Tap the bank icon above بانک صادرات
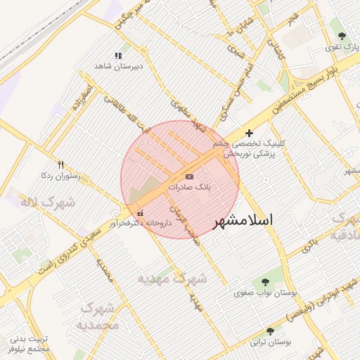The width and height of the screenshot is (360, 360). [189, 176]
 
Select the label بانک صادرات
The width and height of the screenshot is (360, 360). [189, 188]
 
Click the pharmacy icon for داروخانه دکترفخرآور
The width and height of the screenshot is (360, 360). [141, 213]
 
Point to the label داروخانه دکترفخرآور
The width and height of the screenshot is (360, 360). [140, 223]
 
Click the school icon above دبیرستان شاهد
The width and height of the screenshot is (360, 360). [118, 56]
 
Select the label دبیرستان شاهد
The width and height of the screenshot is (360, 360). [118, 66]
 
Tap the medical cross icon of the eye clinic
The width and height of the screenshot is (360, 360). [249, 132]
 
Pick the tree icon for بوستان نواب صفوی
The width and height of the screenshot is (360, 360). [265, 281]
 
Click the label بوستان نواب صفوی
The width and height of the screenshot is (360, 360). [265, 291]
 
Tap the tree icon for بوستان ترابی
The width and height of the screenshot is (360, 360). [270, 331]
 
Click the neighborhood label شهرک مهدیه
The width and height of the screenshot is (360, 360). [172, 279]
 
